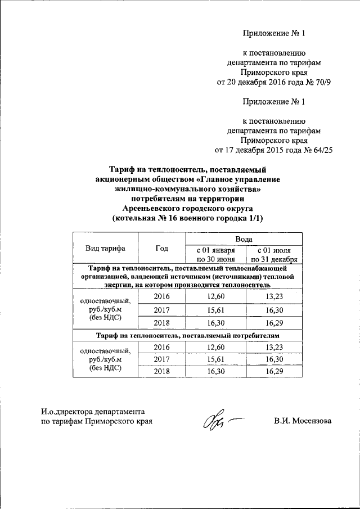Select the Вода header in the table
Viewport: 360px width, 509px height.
244,239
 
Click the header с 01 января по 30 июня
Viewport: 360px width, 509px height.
215,254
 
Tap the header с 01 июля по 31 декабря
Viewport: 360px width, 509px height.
274,254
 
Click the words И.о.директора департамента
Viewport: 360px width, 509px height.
93,412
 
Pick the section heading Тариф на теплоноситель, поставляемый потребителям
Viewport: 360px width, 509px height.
187,335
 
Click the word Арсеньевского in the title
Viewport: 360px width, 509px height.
148,208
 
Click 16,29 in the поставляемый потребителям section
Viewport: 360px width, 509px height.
274,371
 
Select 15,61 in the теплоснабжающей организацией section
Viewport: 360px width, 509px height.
215,309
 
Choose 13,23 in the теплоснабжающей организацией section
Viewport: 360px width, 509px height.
274,296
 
